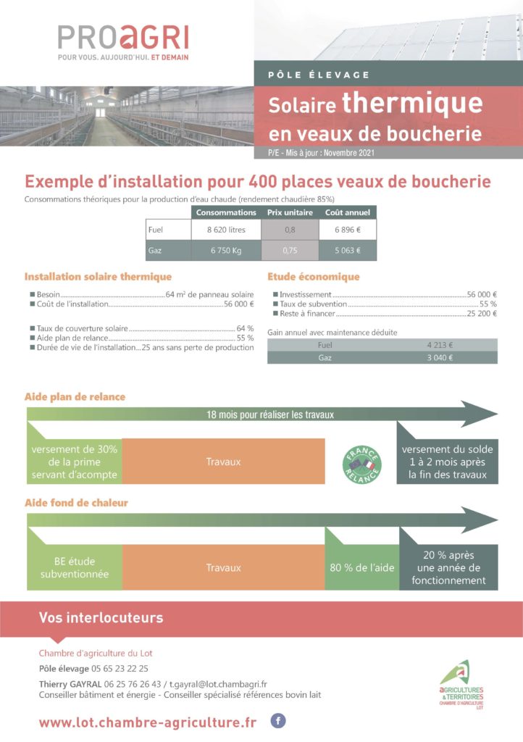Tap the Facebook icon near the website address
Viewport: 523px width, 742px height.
(277, 720)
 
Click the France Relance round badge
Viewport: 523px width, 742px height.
(361, 462)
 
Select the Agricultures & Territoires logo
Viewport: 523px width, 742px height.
(461, 685)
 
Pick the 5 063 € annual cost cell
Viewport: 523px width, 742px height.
(348, 252)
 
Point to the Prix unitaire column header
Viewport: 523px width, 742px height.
(290, 212)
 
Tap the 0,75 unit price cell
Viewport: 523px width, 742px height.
(290, 252)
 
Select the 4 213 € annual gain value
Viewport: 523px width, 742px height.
(439, 345)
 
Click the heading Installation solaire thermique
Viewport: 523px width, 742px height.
(98, 277)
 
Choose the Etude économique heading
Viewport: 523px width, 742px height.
(313, 277)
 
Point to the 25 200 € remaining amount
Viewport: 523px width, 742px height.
(481, 314)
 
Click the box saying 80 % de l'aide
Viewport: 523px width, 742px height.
(362, 567)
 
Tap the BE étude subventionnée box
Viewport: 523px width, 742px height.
(75, 567)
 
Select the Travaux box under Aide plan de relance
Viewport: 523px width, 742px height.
(223, 462)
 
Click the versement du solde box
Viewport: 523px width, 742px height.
(447, 462)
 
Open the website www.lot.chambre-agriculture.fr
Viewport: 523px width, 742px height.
(148, 722)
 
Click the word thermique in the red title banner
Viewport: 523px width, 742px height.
(411, 103)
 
